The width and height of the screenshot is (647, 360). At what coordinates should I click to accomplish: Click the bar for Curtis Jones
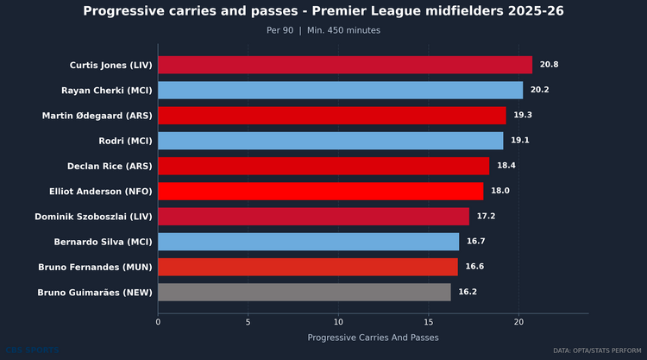coord(345,65)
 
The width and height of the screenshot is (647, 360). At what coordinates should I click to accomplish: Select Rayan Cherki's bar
coord(340,90)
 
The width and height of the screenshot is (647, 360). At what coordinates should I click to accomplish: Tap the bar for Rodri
coord(330,141)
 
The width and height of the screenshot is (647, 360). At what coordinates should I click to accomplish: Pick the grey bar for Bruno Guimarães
coord(304,292)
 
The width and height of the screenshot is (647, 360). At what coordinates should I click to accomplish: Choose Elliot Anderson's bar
coord(320,191)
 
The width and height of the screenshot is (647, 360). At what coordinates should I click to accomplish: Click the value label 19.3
coord(523,115)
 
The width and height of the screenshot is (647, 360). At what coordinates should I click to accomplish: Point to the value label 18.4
coord(506,166)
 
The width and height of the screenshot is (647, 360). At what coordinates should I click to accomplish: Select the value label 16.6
coord(474,267)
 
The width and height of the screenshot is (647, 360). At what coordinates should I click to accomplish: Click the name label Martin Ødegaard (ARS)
coord(97,115)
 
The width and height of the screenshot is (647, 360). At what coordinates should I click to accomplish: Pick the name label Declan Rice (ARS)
coord(110,166)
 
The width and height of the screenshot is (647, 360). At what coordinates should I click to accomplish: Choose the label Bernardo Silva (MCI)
coord(104,242)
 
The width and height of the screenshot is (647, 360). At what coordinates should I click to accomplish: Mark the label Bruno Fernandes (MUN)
coord(96,267)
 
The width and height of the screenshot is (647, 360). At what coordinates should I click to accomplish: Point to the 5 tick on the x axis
coord(248,322)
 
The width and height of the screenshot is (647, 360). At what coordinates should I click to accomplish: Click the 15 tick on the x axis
coord(429,322)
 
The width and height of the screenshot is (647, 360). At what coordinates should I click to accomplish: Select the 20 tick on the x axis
coord(518,322)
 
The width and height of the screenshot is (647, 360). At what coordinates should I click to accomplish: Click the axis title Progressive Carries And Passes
coord(373,337)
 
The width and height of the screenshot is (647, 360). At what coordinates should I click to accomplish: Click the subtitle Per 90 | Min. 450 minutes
coord(323,30)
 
